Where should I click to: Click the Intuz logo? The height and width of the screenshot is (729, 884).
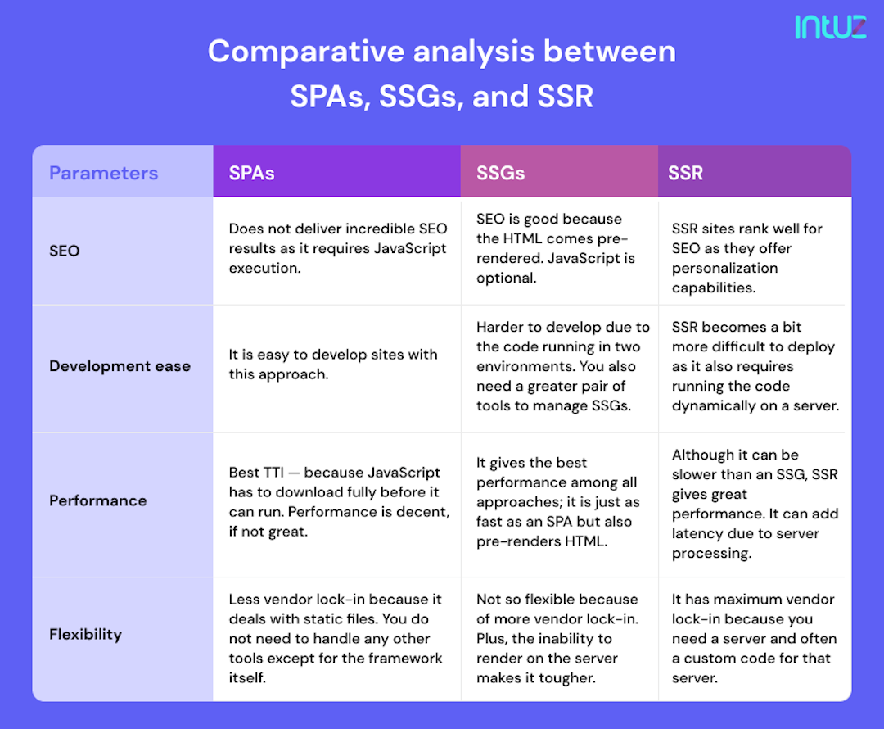tap(830, 27)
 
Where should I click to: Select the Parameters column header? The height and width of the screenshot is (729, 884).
tap(103, 173)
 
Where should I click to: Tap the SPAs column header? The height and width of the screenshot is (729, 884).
tap(252, 173)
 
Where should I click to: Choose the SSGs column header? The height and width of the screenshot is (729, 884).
tap(501, 173)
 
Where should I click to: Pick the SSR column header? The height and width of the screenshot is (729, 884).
tap(685, 173)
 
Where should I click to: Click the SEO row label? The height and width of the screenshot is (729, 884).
tap(65, 251)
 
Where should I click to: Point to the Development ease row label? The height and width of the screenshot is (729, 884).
tap(120, 366)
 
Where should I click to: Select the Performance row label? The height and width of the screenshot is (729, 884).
tap(97, 500)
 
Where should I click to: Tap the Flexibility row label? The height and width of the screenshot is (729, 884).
tap(85, 634)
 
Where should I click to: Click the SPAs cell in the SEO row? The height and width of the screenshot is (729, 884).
tap(337, 248)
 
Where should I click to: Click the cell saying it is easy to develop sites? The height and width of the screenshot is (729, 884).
tap(332, 364)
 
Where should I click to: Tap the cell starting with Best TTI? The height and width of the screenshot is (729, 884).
tap(338, 502)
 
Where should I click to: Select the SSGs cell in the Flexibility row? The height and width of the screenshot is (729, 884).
tap(557, 638)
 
